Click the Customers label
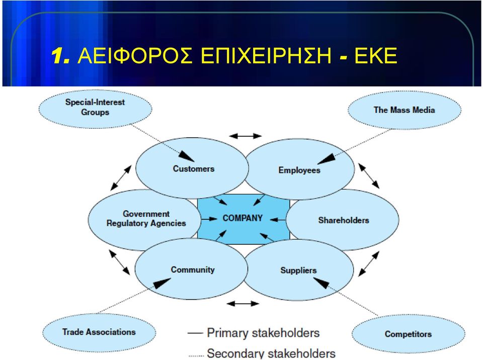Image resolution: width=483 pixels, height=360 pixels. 193,169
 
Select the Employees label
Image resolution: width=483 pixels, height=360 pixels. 299,170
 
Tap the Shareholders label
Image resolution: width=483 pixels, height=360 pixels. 344,220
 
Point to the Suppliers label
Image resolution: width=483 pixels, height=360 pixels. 298,271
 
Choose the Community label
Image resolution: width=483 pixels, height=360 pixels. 193,270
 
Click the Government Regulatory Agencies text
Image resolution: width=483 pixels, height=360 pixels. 146,218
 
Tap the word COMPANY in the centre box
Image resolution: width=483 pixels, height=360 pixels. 243,218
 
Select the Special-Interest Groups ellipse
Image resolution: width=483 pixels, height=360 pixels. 95,109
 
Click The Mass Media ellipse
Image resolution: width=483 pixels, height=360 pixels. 405,110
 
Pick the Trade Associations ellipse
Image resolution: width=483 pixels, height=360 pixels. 99,332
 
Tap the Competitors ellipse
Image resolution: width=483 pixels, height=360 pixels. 408,334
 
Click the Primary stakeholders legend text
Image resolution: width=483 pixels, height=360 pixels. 263,333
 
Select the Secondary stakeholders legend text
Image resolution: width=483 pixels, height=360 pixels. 271,353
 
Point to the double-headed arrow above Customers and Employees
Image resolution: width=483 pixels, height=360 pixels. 246,136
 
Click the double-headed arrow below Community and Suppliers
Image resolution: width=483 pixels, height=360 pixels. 243,304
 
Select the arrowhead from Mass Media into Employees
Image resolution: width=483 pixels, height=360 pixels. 326,159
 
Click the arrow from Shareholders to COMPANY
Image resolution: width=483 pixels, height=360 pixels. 278,220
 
